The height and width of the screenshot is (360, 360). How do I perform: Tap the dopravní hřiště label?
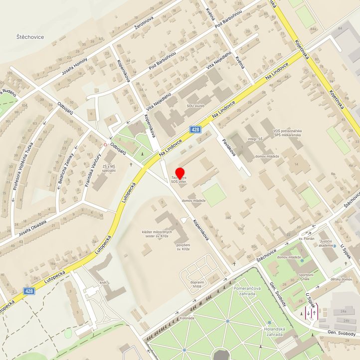point(197,285)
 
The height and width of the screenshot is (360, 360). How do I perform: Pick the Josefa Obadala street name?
point(33,229)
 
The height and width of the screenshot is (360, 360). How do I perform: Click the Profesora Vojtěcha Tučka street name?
point(23,169)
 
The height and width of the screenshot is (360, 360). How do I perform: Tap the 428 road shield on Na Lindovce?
point(195,130)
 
